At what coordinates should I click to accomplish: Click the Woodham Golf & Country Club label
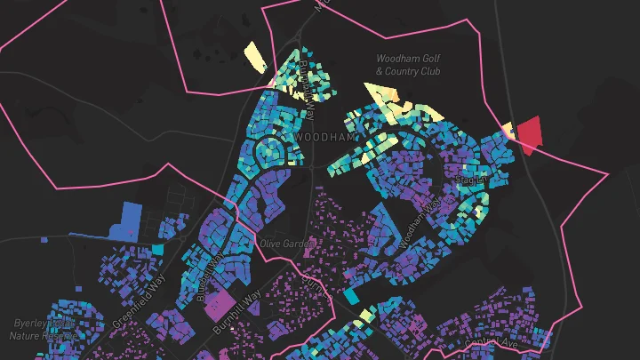point(408,65)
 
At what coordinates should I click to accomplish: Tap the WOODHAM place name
point(324,140)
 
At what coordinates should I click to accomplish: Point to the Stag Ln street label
point(470,180)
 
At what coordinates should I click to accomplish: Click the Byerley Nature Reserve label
point(42,329)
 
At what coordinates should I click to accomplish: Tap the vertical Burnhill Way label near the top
point(308,90)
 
